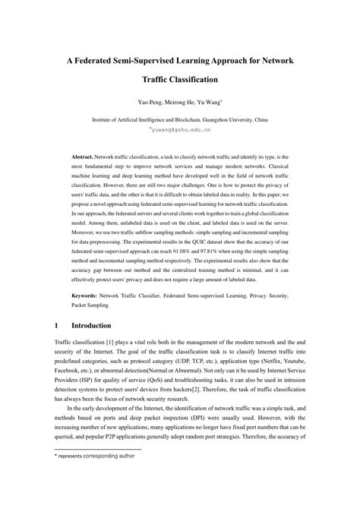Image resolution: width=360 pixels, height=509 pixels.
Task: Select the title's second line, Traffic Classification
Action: tap(180, 78)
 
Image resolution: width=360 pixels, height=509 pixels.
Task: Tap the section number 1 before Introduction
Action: tap(56, 325)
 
